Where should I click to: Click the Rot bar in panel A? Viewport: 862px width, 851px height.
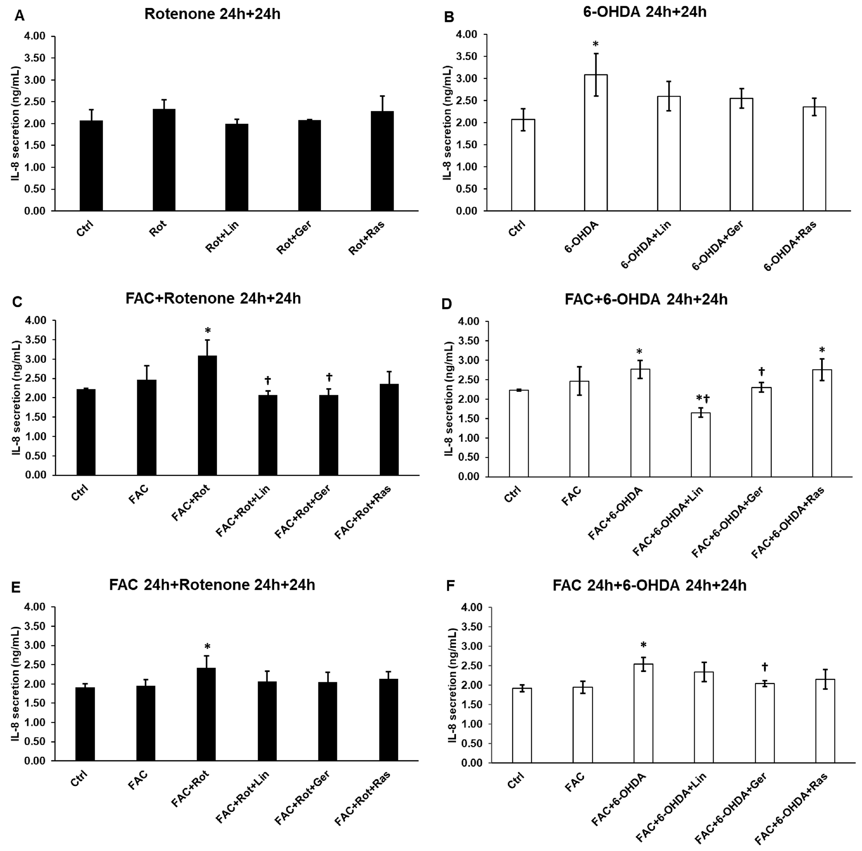pos(164,160)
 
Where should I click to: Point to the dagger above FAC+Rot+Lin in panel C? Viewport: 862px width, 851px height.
pos(268,380)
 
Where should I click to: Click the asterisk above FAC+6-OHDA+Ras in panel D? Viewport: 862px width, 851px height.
pos(822,350)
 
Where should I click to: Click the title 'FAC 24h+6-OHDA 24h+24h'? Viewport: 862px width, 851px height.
pos(649,585)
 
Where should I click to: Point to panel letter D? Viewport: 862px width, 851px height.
pos(446,304)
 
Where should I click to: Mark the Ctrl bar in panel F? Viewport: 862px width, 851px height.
pos(522,725)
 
